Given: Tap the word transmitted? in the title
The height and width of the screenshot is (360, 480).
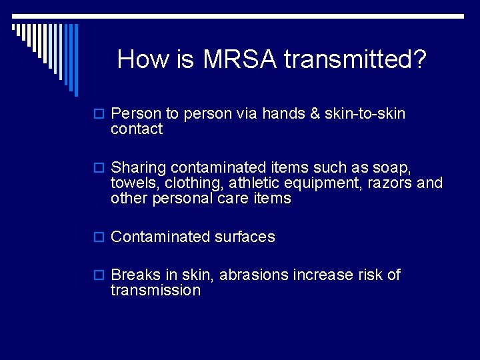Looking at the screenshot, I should point(355,60).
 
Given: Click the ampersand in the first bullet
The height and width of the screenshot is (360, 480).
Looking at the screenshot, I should point(315,114).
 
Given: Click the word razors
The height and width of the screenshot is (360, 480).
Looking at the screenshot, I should point(389,183).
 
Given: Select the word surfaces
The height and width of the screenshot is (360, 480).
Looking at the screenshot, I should point(245,237).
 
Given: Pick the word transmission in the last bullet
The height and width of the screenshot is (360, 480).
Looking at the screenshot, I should point(155,290).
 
